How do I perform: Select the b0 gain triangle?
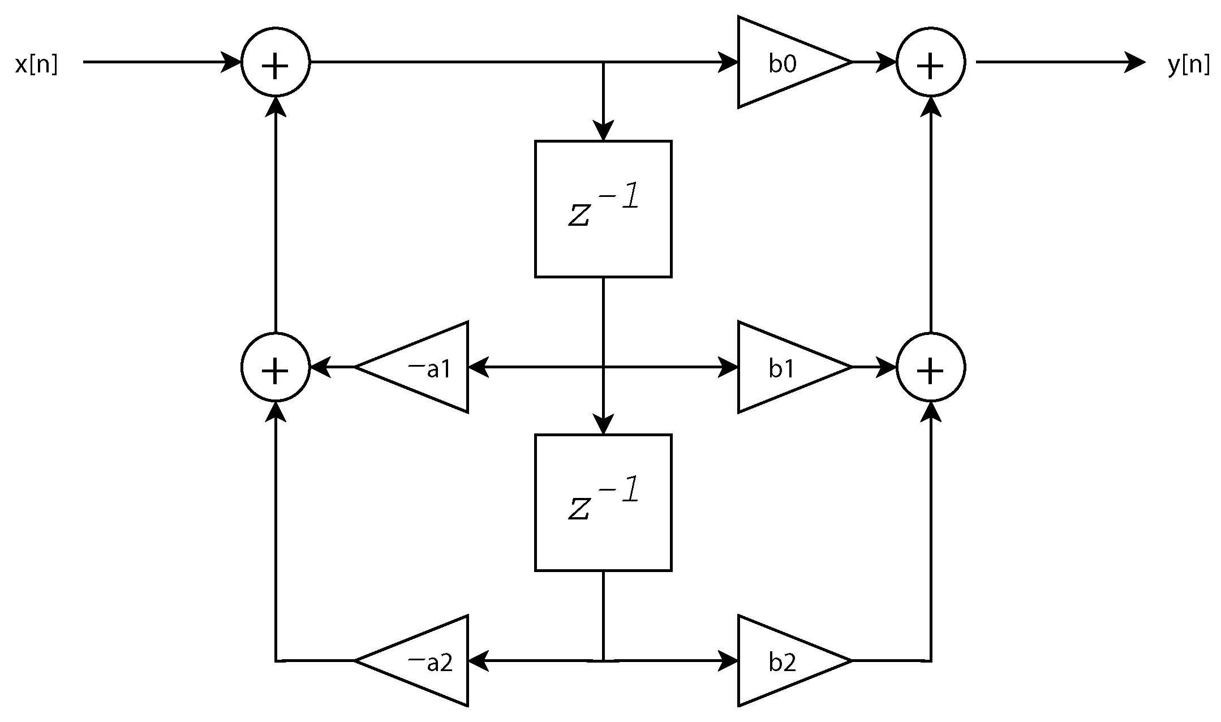[786, 62]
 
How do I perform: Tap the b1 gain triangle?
[786, 368]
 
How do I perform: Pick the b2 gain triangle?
[786, 661]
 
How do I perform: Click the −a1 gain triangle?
[422, 368]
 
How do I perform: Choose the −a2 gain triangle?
[422, 661]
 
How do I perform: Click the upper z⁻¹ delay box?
[603, 209]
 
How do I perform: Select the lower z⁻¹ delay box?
[603, 502]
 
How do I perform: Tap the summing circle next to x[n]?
[276, 62]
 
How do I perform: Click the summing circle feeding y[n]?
[931, 62]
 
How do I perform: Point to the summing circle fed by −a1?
[276, 368]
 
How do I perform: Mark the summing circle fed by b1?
[931, 368]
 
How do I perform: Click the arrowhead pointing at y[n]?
[1135, 62]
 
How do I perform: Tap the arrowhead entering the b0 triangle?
[728, 62]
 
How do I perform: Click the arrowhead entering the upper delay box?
[603, 131]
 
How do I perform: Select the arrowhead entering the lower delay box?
[603, 424]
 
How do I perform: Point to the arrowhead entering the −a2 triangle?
[478, 661]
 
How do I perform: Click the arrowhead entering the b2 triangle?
[728, 661]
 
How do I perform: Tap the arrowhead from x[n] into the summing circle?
[231, 62]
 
